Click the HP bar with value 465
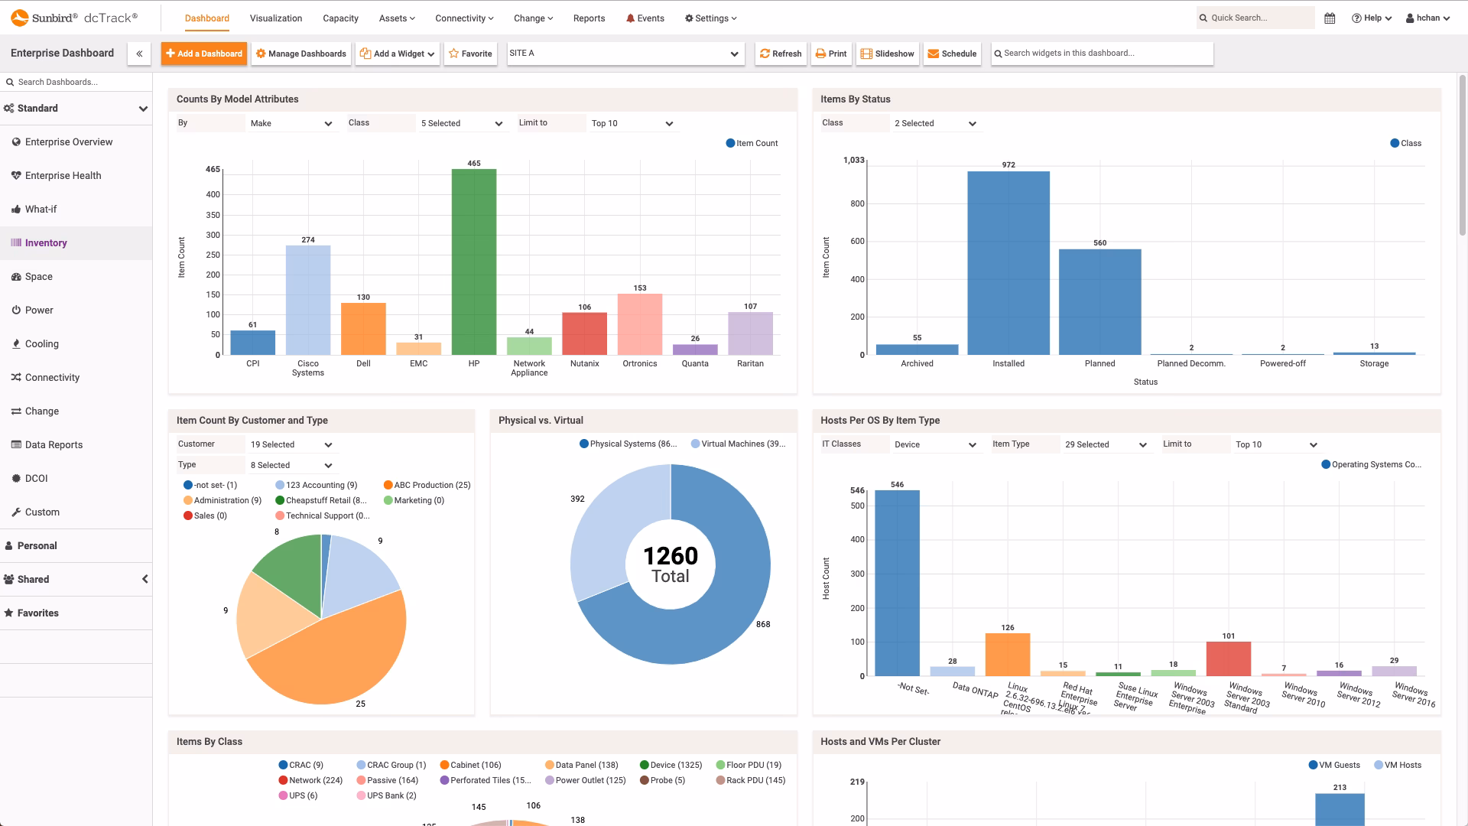pos(473,262)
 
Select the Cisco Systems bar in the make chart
pos(308,300)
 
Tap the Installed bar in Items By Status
pos(1008,262)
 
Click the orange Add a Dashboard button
pos(204,54)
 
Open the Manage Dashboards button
pos(301,54)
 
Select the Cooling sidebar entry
pos(41,344)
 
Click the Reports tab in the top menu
pos(589,18)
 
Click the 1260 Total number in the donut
pos(670,556)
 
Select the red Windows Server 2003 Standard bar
pos(1228,659)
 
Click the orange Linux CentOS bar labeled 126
pos(1007,655)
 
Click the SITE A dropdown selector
pos(625,54)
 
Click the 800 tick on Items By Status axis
pos(857,204)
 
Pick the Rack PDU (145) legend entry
pos(750,781)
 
